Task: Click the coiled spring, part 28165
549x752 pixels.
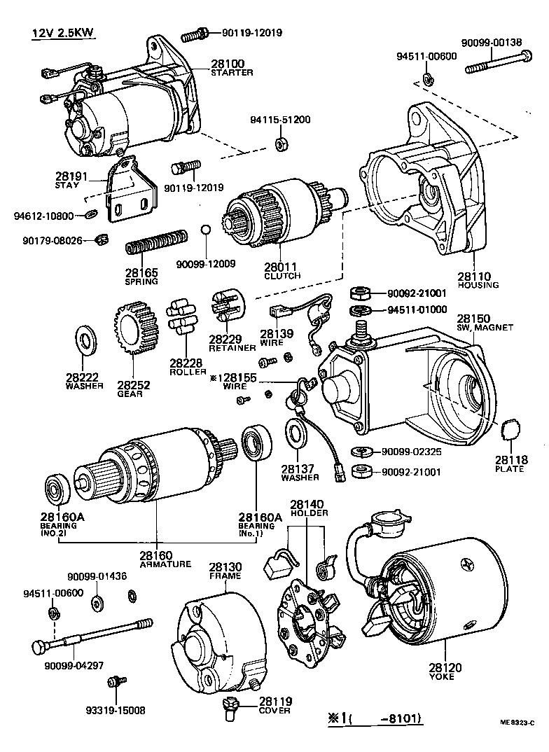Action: pyautogui.click(x=156, y=241)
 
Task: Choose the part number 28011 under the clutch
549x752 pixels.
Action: pyautogui.click(x=282, y=267)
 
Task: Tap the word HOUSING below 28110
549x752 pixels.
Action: pyautogui.click(x=478, y=285)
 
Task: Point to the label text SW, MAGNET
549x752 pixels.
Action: pyautogui.click(x=485, y=327)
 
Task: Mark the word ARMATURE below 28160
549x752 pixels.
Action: pyautogui.click(x=165, y=564)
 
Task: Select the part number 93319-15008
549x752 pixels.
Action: pyautogui.click(x=106, y=709)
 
